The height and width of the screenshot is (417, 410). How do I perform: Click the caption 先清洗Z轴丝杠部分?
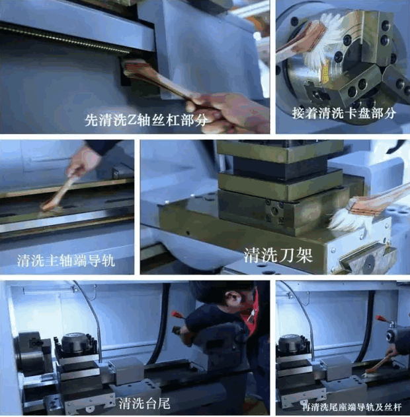coord(146,120)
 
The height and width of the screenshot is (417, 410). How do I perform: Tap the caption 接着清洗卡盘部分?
coord(344,113)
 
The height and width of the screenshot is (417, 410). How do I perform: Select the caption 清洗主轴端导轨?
coord(66,261)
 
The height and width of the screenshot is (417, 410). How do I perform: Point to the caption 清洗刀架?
coord(278,255)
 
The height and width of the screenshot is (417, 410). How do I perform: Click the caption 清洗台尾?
coord(144,403)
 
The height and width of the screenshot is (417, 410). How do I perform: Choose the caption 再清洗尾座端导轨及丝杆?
coord(352,407)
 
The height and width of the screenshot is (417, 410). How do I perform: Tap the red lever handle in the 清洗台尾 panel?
coord(177,315)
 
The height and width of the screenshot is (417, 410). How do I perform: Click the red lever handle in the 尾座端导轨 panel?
coord(382,319)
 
